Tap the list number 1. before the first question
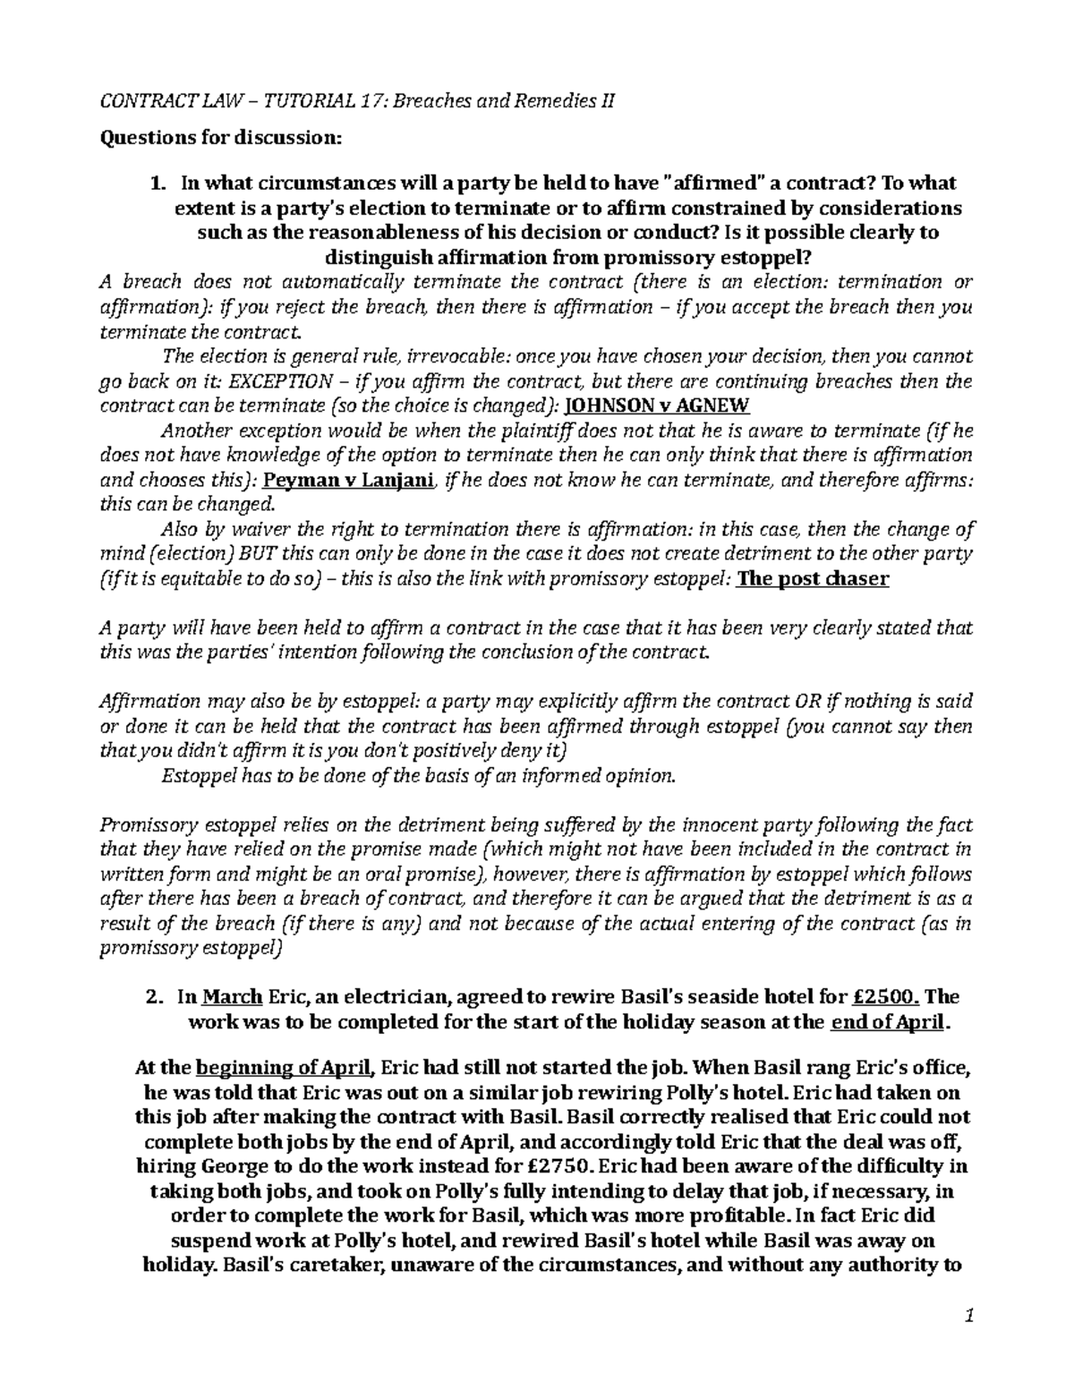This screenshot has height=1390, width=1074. point(158,183)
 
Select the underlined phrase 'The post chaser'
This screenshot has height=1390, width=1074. point(813,578)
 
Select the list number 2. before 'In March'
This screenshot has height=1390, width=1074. point(158,997)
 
